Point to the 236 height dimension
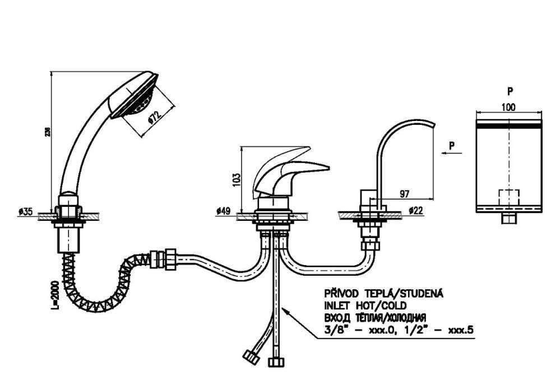point(48,132)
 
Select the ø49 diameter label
point(223,211)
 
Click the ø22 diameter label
point(416,211)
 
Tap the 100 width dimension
point(508,106)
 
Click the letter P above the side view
point(510,90)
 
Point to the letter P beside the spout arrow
point(452,145)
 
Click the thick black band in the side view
point(508,128)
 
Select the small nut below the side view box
point(508,218)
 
